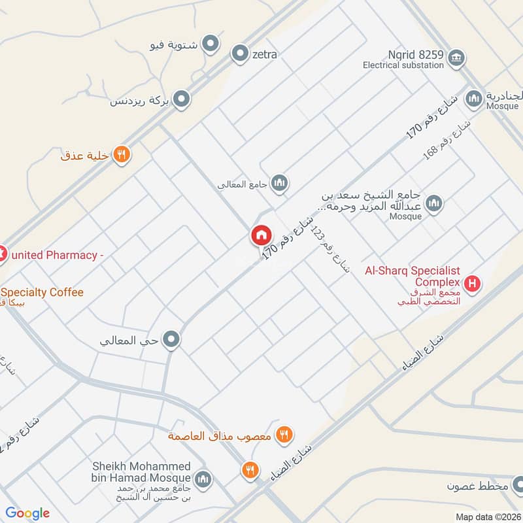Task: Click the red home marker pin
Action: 260,235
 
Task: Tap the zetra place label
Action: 264,54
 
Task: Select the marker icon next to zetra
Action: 240,54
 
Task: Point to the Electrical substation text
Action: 404,65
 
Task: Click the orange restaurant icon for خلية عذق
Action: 122,155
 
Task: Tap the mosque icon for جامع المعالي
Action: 280,182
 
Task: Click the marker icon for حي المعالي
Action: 172,339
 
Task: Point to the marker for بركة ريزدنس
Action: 182,99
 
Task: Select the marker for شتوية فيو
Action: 211,44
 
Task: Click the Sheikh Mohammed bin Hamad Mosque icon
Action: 204,479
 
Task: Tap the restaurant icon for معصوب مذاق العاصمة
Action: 283,434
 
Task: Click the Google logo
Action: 27,513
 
